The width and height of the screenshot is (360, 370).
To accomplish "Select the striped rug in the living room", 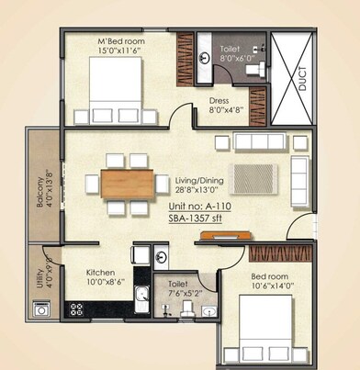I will click(253, 177).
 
